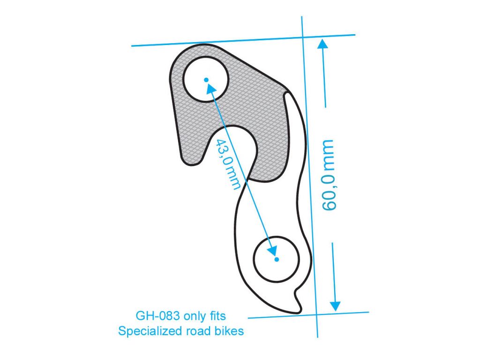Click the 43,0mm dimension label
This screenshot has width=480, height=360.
click(228, 165)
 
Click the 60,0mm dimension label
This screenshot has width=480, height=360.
click(329, 175)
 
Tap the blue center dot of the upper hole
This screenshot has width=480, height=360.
click(206, 80)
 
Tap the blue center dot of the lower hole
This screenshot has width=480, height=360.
click(277, 260)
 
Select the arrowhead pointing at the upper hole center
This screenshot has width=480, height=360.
click(211, 89)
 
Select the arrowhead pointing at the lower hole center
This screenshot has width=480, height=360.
click(272, 250)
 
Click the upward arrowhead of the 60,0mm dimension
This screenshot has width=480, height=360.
click(322, 43)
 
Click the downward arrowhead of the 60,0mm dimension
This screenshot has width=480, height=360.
click(335, 306)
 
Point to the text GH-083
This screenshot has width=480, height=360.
click(157, 316)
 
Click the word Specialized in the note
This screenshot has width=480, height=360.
click(150, 331)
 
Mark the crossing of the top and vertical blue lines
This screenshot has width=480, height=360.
click(303, 37)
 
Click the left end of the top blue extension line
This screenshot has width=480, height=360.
click(132, 46)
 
